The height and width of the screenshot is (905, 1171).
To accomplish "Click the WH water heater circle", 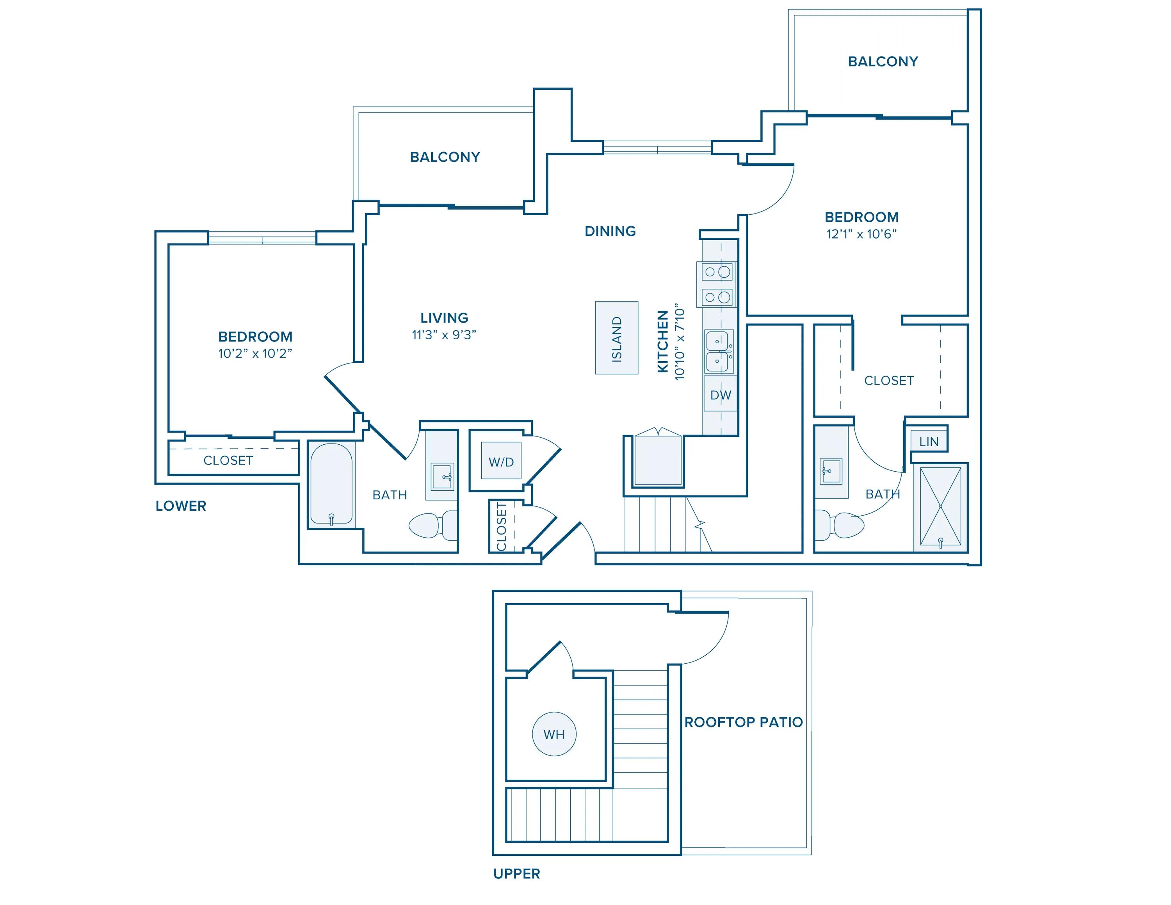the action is [554, 734].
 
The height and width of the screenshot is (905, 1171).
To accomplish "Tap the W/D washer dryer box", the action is [501, 461].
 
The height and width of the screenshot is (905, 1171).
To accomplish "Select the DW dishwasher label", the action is [721, 395].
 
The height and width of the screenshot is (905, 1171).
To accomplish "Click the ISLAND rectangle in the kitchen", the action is [617, 338].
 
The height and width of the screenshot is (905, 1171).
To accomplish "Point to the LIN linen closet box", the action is [929, 441].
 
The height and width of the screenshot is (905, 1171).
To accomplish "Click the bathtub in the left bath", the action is [331, 485].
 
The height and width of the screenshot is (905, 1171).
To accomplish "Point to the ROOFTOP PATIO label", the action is [744, 722].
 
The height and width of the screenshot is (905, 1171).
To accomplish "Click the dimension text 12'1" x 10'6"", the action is [861, 234].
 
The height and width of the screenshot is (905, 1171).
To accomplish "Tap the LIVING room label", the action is [444, 318].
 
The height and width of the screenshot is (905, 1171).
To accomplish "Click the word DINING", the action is [610, 231].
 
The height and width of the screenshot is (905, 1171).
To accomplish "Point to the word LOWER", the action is [181, 506].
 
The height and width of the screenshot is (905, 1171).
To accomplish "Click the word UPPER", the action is [517, 874].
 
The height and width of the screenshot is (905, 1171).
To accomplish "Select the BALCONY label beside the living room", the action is [445, 157].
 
